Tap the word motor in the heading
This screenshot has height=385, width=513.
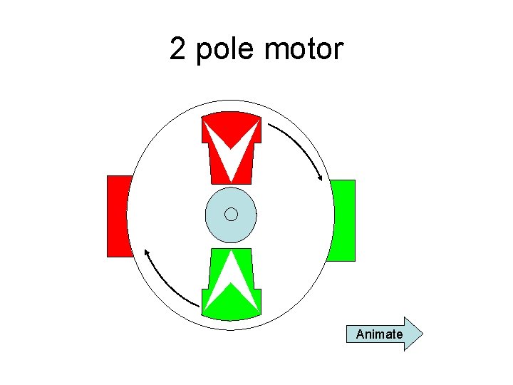304,49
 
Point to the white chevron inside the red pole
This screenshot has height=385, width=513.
230,153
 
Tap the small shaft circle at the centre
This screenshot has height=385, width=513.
230,214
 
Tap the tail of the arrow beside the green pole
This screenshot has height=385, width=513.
197,304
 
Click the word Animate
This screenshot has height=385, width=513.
379,334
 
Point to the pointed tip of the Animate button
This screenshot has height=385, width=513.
421,334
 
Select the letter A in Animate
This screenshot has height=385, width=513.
360,334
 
